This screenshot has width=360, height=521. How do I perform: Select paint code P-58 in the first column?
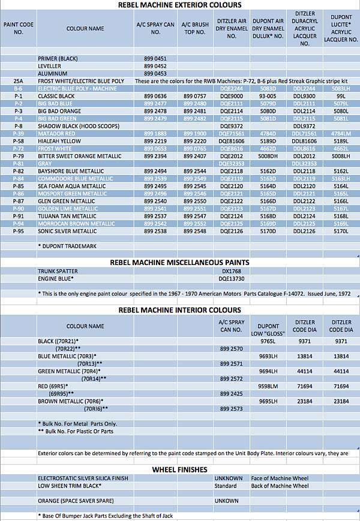pos(18,141)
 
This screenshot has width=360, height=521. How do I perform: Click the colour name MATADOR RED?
pos(57,133)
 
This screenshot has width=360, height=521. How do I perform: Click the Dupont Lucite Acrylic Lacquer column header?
pos(341,28)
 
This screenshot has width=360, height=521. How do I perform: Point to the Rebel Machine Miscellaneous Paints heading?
pos(180,262)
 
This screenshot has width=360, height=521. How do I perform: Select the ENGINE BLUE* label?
pos(56,279)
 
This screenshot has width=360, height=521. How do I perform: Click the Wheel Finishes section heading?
pos(180,469)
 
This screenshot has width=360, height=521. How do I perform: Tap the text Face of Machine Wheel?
pos(280,478)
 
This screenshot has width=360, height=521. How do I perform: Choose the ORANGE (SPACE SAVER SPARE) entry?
pos(76,501)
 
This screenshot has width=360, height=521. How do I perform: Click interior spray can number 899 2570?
pos(231,348)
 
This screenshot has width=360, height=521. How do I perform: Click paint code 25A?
pos(18,80)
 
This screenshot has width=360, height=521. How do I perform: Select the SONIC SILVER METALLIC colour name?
pos(67,231)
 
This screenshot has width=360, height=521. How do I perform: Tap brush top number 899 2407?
pos(195,156)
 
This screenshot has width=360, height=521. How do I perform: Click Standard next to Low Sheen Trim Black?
pos(226,486)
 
